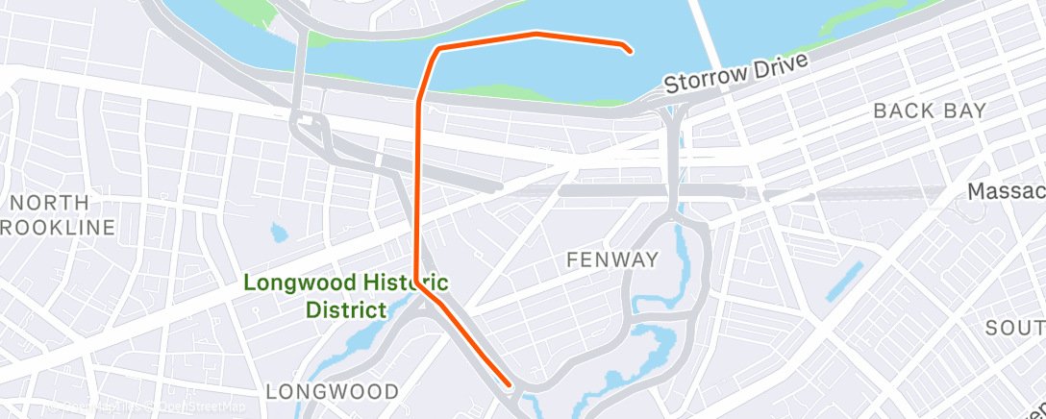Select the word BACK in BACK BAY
tap(904, 111)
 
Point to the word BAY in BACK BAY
tap(965, 111)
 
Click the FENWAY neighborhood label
tap(612, 259)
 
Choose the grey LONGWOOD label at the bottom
tap(332, 391)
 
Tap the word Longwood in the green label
tap(299, 283)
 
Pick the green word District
tap(346, 309)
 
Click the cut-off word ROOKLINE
tap(60, 228)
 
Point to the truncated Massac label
tap(1006, 192)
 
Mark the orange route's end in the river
tap(629, 51)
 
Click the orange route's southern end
tap(509, 386)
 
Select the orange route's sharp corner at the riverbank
tap(438, 48)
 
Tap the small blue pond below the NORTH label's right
tap(279, 233)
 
